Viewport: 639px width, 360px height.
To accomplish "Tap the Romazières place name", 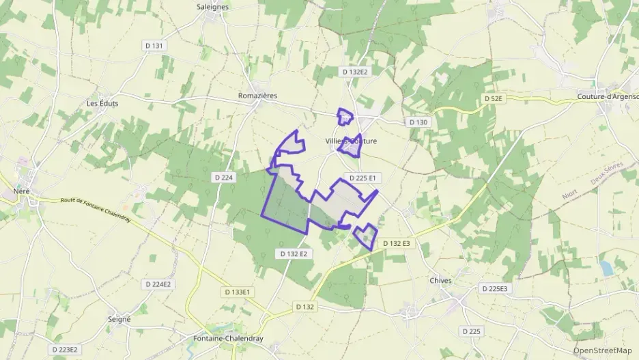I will pyautogui.click(x=257, y=96).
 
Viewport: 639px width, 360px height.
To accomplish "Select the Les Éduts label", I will pyautogui.click(x=102, y=103).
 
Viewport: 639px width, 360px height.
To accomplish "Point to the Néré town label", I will pyautogui.click(x=22, y=191).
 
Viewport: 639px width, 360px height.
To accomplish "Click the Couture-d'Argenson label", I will pyautogui.click(x=607, y=97).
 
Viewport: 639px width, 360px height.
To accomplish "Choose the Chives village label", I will pyautogui.click(x=441, y=281).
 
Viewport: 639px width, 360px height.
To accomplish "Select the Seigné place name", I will pyautogui.click(x=119, y=319).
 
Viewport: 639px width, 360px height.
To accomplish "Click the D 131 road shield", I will pyautogui.click(x=154, y=46).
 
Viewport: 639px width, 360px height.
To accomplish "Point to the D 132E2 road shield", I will pyautogui.click(x=354, y=72).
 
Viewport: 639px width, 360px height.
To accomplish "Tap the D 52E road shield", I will pyautogui.click(x=493, y=99).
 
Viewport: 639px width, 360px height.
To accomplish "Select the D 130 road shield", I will pyautogui.click(x=418, y=122).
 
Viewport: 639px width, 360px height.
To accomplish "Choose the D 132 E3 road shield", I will pyautogui.click(x=396, y=243).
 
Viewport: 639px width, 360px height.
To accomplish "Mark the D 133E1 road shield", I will pyautogui.click(x=237, y=292).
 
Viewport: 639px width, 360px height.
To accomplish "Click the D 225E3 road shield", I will pyautogui.click(x=494, y=289).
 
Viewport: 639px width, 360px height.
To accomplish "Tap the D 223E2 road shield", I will pyautogui.click(x=65, y=350).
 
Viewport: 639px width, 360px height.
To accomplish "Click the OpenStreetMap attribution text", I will pyautogui.click(x=602, y=350).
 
